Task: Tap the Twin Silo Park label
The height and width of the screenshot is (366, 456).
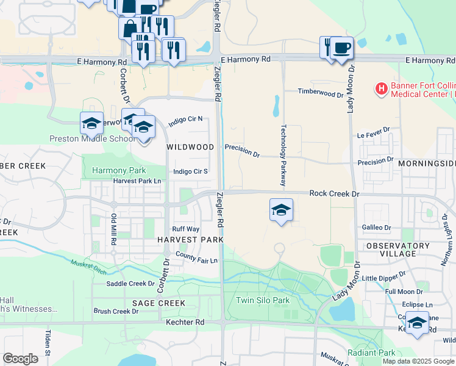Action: (x=262, y=300)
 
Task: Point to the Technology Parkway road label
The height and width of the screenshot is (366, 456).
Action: (x=283, y=156)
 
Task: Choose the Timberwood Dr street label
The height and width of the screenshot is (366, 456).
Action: (x=321, y=93)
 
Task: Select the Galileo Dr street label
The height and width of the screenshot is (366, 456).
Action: (x=376, y=227)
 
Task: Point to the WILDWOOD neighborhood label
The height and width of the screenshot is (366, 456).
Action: (x=190, y=147)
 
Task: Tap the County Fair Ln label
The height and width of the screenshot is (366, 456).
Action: (x=196, y=257)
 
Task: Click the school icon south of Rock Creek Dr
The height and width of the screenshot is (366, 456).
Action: (x=281, y=210)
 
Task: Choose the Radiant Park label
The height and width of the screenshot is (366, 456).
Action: (x=371, y=353)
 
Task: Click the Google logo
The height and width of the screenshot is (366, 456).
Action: (x=20, y=359)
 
